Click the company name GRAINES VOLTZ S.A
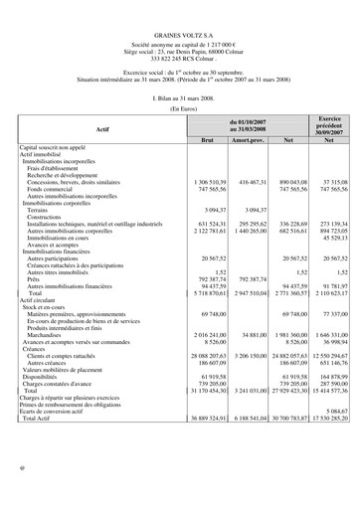pyautogui.click(x=180, y=34)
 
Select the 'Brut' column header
pyautogui.click(x=207, y=140)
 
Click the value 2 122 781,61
pyautogui.click(x=209, y=232)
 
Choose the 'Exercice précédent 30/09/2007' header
pyautogui.click(x=328, y=125)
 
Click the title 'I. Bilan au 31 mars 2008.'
pyautogui.click(x=180, y=97)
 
